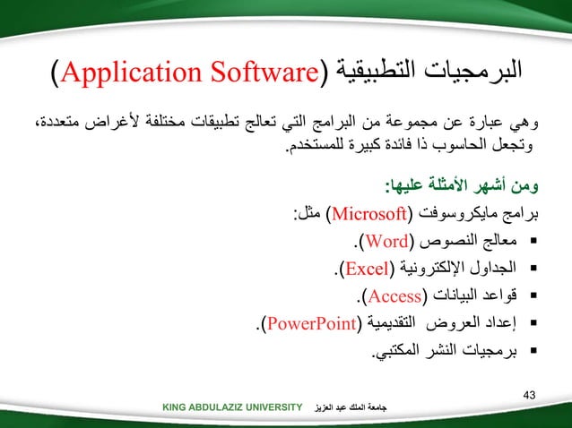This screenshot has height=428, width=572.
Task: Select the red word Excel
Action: pos(366,267)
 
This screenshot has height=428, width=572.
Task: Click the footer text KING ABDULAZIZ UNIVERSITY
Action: pos(232,408)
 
